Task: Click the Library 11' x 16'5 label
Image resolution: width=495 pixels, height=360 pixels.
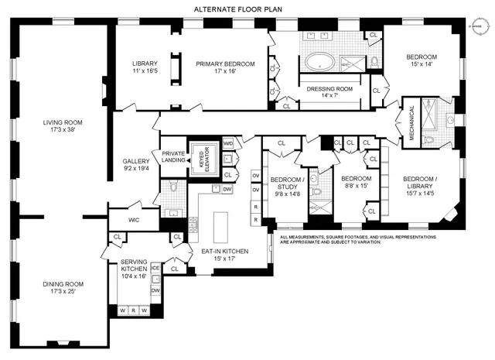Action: point(145,67)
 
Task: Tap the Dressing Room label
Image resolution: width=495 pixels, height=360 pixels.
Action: point(329,92)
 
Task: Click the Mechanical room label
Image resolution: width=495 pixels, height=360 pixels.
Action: point(411,119)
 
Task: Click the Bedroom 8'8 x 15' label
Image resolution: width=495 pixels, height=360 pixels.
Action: point(357,183)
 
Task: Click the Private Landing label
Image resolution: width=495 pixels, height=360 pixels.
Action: point(173,157)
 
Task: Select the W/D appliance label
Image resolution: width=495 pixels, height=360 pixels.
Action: point(227,143)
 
